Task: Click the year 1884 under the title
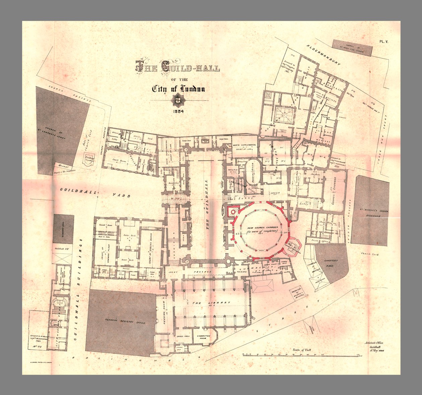point(178,112)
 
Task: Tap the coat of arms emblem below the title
point(178,100)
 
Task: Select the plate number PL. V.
point(384,42)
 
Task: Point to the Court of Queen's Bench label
point(151,248)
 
